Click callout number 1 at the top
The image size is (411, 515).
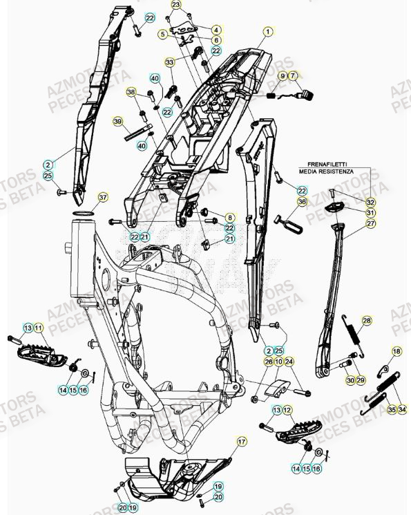click(x=268, y=31)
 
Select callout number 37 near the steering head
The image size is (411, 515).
click(x=102, y=198)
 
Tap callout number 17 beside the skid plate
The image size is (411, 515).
click(x=242, y=440)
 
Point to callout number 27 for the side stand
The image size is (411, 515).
click(x=371, y=224)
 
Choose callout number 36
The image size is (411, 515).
click(x=301, y=202)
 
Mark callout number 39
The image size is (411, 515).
click(x=118, y=122)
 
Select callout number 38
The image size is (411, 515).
click(x=131, y=92)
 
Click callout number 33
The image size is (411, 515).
click(x=170, y=62)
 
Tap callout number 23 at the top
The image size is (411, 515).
click(x=176, y=5)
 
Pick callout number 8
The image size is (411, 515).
click(x=230, y=218)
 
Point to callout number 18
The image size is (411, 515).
click(x=396, y=352)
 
